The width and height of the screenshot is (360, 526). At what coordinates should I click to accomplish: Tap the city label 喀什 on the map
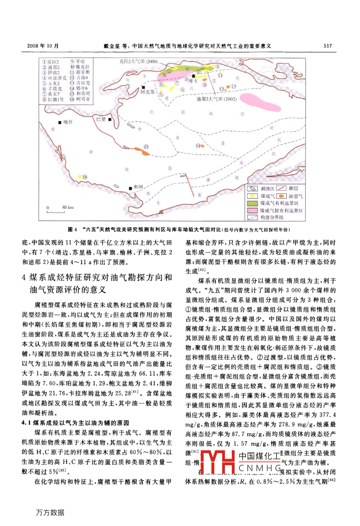(x=68, y=122)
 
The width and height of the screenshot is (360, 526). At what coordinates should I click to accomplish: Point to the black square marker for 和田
(x=130, y=187)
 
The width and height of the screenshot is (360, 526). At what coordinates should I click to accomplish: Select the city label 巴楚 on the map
(x=101, y=119)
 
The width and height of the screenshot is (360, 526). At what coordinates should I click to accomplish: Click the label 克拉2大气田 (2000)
(x=139, y=61)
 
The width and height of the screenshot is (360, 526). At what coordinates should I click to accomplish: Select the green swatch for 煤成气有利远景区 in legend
(x=252, y=203)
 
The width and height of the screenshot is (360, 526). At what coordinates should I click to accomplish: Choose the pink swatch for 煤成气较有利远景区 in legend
(x=252, y=210)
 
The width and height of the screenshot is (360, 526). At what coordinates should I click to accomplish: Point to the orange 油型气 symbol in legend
(x=282, y=196)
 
